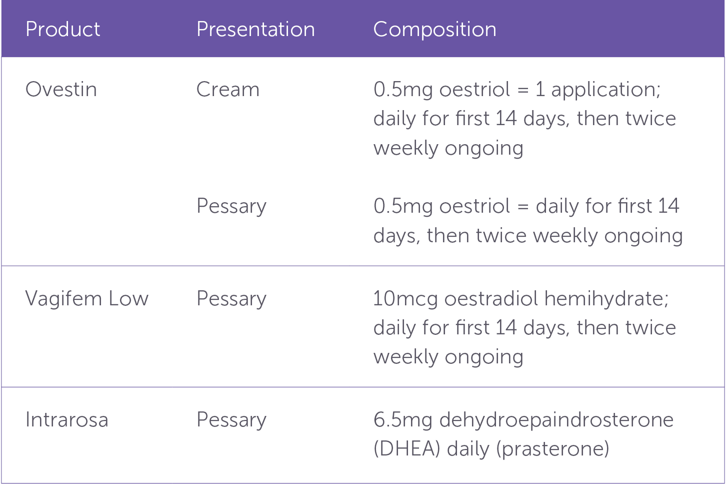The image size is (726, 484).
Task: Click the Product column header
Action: coord(63,29)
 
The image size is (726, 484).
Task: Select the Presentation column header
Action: coord(255,29)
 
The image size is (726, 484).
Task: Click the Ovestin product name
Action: coord(61,89)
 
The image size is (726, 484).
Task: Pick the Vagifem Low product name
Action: coord(87,299)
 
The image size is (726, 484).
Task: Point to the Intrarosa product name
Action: coord(67,419)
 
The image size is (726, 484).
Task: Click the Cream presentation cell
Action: coord(228,89)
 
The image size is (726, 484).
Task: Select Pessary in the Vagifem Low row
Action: coord(231,299)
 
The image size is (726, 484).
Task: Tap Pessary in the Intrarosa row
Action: coord(231,420)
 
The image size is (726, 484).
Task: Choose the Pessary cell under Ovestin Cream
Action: coord(231,206)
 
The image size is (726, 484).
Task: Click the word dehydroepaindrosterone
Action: coord(556,420)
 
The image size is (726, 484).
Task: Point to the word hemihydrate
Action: coord(606,299)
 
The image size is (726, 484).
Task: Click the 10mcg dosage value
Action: coord(405,299)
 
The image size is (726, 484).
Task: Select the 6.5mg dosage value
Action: coord(403,420)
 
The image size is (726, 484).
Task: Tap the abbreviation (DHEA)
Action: coord(407,449)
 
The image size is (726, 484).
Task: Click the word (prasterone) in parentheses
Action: coord(552,449)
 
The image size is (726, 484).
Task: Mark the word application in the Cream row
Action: coord(605,90)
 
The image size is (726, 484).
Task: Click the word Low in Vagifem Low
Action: coord(128,298)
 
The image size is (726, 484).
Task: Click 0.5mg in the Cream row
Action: coord(403,90)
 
